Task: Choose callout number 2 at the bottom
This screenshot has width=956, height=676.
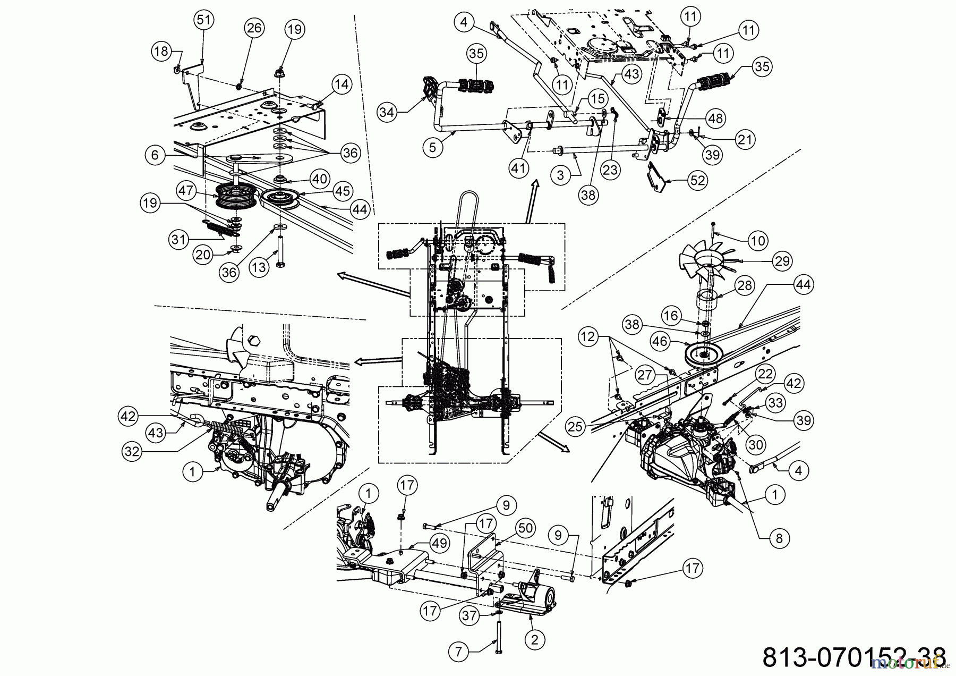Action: pos(534,639)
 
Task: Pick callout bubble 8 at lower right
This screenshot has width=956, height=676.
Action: pos(779,539)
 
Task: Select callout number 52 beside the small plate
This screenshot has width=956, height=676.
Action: pos(697,181)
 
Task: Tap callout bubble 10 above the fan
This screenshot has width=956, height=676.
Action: pos(757,241)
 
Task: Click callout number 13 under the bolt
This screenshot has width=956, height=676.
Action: pos(259,268)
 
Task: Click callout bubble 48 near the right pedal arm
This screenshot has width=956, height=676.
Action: pos(715,118)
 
